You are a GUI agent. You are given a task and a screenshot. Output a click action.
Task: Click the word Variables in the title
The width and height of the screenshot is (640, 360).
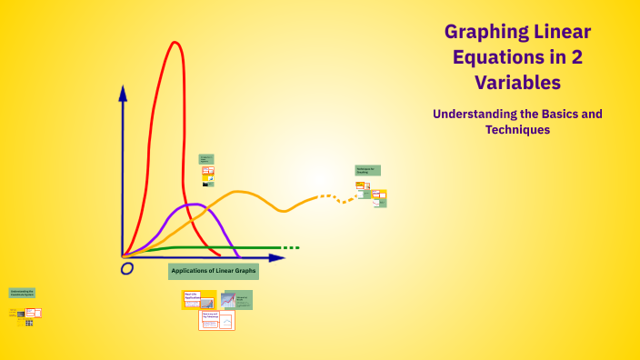[517, 83]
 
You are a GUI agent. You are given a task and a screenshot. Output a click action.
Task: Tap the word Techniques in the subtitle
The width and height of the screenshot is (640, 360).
[517, 130]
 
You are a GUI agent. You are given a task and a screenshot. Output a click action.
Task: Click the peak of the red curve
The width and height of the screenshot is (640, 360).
[173, 42]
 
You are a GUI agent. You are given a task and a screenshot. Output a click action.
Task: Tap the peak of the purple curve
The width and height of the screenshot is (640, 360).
[192, 205]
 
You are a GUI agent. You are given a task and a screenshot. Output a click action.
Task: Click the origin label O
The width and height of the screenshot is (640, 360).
[127, 268]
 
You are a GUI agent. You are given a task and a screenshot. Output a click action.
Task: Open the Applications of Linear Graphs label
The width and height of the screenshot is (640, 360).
[214, 271]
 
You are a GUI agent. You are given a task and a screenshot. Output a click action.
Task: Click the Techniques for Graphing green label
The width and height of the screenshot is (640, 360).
[367, 170]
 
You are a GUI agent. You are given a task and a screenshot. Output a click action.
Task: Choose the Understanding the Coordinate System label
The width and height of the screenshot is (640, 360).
[23, 293]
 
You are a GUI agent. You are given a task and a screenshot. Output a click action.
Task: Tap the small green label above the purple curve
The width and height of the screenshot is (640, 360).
[206, 158]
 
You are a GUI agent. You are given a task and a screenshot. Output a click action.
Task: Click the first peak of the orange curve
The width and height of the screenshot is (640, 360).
[240, 192]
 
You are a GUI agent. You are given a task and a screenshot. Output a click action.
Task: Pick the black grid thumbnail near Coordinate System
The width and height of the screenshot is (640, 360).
[29, 323]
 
